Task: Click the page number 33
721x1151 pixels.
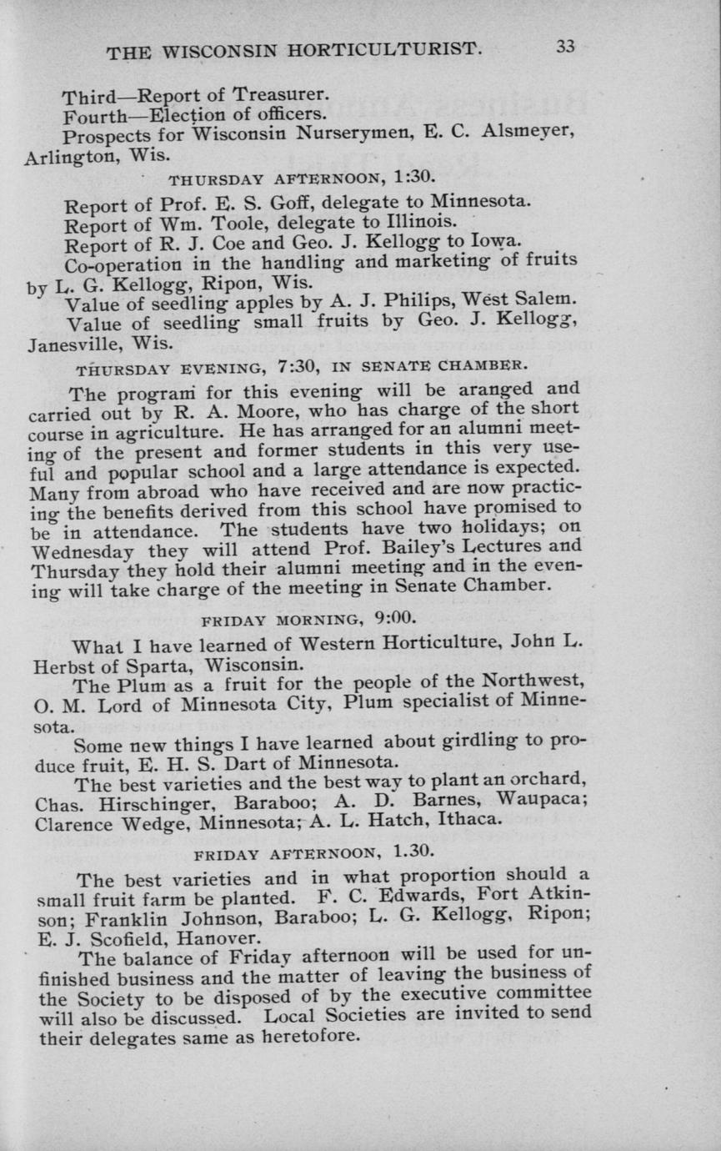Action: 565,47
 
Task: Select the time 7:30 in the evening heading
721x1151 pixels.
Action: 299,364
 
